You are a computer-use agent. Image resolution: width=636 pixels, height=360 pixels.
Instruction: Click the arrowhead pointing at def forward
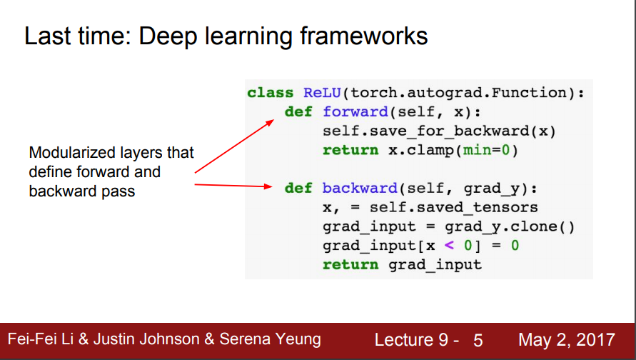pyautogui.click(x=271, y=122)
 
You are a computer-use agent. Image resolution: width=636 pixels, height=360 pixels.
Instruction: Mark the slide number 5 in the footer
pyautogui.click(x=478, y=340)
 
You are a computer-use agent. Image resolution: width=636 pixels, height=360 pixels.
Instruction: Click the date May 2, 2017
pyautogui.click(x=566, y=339)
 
